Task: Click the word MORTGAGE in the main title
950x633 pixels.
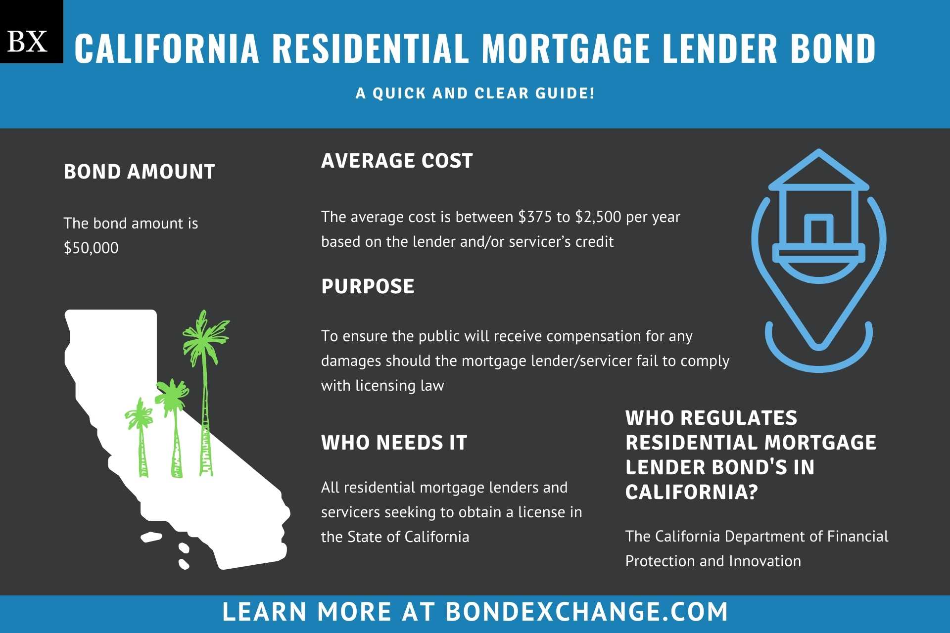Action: (x=566, y=48)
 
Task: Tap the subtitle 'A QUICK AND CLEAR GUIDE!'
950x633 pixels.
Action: (x=475, y=93)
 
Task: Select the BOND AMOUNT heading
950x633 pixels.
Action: (x=140, y=172)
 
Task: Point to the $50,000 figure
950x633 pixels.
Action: (x=91, y=248)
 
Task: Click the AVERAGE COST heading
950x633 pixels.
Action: (x=397, y=161)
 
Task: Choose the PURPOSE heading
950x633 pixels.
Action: (x=368, y=286)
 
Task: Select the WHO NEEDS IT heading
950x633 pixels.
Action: (x=394, y=443)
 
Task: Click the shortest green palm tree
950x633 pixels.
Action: (x=140, y=435)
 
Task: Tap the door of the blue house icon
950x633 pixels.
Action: (x=818, y=230)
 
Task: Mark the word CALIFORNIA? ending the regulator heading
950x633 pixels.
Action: (x=691, y=492)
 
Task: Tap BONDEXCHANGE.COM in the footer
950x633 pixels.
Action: (x=586, y=612)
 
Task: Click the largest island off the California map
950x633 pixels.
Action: (x=151, y=537)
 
